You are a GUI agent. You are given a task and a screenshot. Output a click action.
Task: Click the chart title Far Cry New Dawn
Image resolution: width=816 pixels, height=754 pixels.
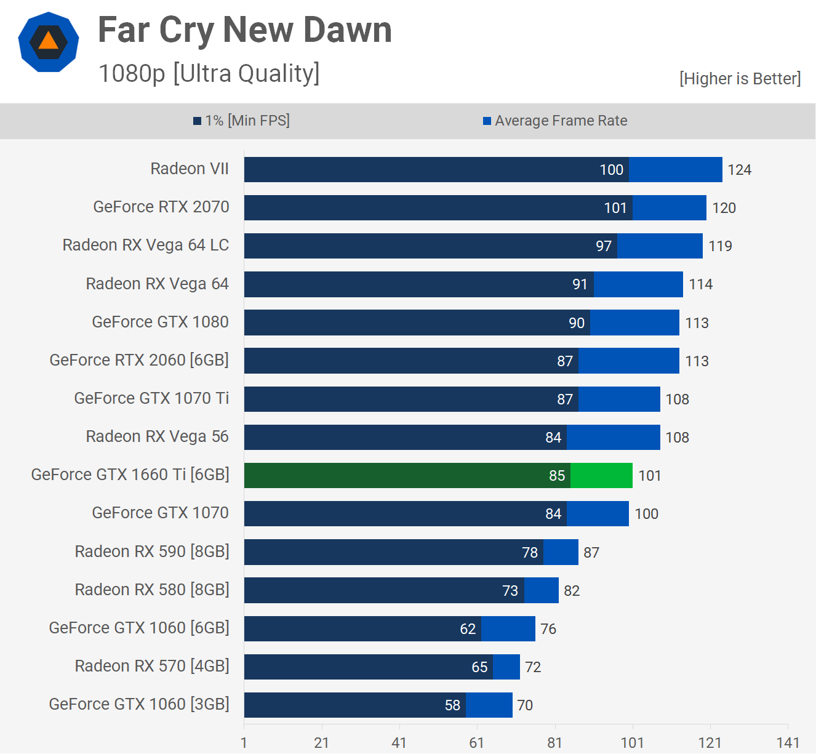click(x=244, y=30)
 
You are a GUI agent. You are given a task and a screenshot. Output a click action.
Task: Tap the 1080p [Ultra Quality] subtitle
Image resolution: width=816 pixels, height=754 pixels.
click(x=209, y=73)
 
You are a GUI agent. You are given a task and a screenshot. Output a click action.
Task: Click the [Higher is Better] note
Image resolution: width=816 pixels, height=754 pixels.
click(x=740, y=79)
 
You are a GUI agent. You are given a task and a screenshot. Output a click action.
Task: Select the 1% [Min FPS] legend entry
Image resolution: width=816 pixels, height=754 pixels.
click(x=241, y=121)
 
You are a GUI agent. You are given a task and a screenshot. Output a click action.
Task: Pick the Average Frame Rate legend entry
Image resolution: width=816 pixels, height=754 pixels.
click(x=555, y=121)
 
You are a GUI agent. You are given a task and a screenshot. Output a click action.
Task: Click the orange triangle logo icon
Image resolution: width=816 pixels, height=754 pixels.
click(x=49, y=41)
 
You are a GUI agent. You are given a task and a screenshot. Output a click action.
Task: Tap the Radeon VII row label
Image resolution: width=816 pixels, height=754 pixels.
click(x=190, y=169)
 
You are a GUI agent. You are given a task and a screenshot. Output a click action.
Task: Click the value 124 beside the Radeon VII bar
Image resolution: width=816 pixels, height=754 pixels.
click(x=739, y=170)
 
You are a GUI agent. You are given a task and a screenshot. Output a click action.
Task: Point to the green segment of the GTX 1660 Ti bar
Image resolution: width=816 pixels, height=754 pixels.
click(x=601, y=476)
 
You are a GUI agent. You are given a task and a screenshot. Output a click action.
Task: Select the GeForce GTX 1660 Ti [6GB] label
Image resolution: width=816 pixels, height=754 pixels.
click(x=130, y=475)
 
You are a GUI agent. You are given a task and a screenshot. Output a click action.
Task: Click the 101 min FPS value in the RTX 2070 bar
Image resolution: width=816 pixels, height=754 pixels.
click(x=615, y=208)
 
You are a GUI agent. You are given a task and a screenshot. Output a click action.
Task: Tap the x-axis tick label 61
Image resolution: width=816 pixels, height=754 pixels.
click(x=477, y=742)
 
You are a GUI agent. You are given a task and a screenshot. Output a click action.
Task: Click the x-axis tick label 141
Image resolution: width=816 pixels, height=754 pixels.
click(x=788, y=742)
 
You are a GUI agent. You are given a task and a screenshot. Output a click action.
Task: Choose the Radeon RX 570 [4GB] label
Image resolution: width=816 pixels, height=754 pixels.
click(x=152, y=666)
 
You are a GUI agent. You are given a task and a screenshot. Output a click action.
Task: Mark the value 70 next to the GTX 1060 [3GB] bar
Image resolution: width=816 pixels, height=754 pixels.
click(x=525, y=705)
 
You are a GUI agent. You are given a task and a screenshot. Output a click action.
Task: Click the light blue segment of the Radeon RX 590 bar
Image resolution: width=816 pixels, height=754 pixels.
click(x=561, y=552)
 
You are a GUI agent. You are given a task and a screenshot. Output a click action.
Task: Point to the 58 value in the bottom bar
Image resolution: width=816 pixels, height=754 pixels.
click(x=452, y=705)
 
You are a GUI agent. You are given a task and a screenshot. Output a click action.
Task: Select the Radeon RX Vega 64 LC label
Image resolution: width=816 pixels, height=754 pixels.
click(x=146, y=245)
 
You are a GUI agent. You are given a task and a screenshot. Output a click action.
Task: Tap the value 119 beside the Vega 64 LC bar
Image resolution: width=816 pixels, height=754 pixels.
click(x=720, y=246)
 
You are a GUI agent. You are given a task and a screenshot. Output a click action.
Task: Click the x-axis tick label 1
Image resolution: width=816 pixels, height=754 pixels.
click(x=244, y=742)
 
